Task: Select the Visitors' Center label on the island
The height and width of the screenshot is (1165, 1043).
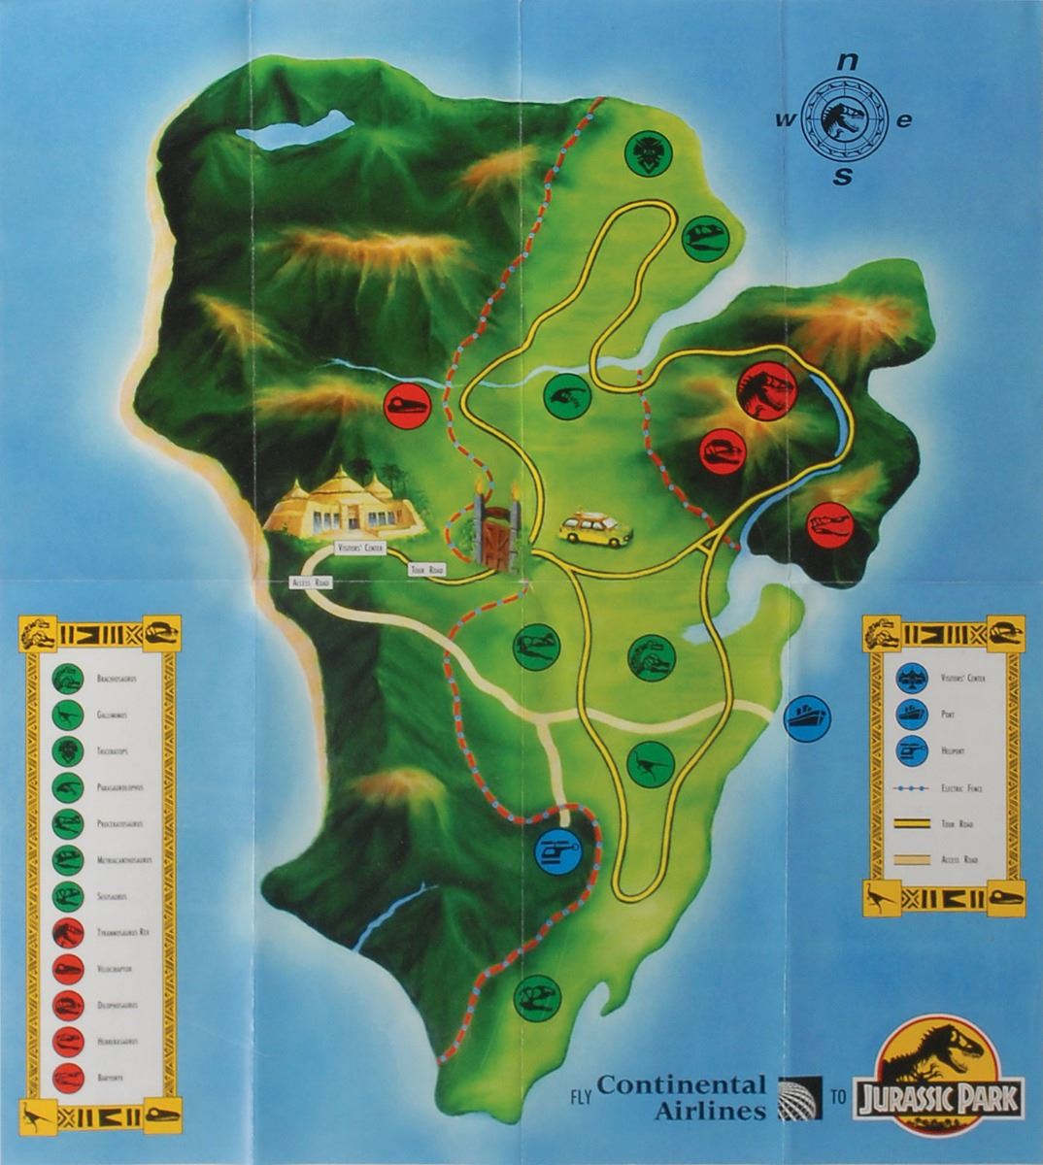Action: pyautogui.click(x=360, y=549)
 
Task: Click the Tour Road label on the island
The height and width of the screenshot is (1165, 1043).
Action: pyautogui.click(x=427, y=570)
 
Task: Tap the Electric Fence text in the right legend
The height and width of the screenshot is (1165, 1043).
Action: pyautogui.click(x=961, y=788)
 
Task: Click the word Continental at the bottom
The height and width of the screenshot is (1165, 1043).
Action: pyautogui.click(x=682, y=1084)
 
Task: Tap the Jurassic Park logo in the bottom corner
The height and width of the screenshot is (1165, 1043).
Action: pyautogui.click(x=937, y=1076)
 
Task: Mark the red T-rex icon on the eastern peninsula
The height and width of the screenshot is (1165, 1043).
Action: pyautogui.click(x=766, y=390)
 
